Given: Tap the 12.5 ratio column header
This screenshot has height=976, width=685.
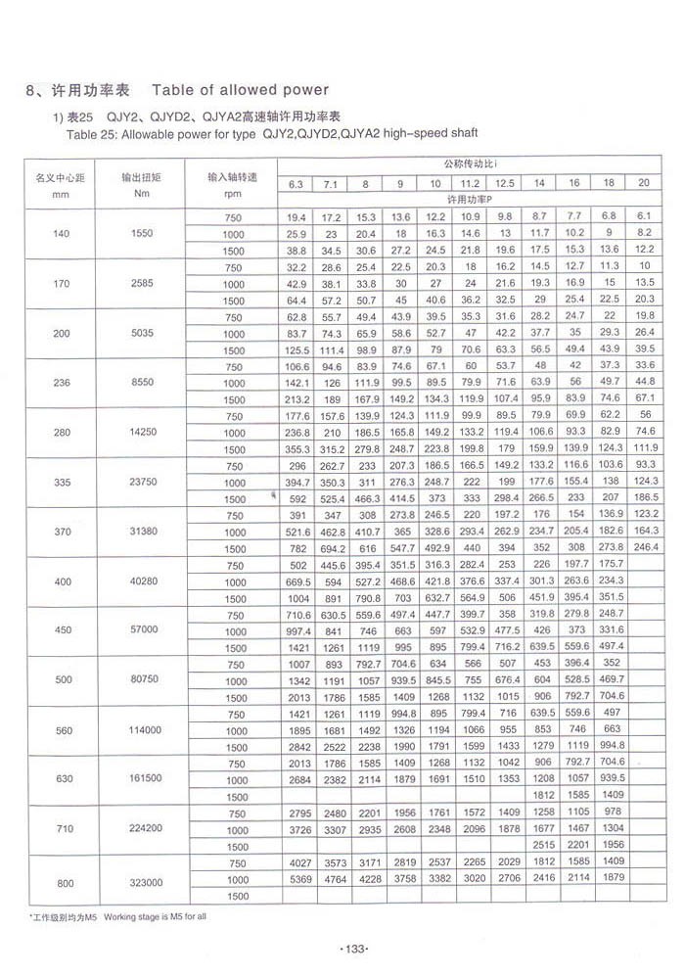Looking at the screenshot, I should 505,183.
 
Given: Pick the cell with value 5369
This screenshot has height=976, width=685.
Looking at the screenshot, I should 297,880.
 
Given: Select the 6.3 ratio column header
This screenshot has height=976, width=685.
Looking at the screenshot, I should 297,184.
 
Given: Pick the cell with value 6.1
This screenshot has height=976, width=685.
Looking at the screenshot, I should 644,215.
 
